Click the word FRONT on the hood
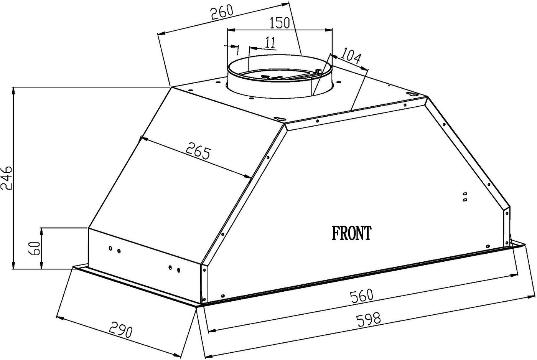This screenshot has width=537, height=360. click(x=351, y=233)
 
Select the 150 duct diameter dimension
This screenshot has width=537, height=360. click(x=280, y=23)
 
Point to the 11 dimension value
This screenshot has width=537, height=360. click(x=270, y=43)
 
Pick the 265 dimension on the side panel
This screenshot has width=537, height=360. click(x=198, y=151)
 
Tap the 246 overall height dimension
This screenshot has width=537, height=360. click(x=7, y=177)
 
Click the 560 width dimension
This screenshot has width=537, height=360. click(x=361, y=296)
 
